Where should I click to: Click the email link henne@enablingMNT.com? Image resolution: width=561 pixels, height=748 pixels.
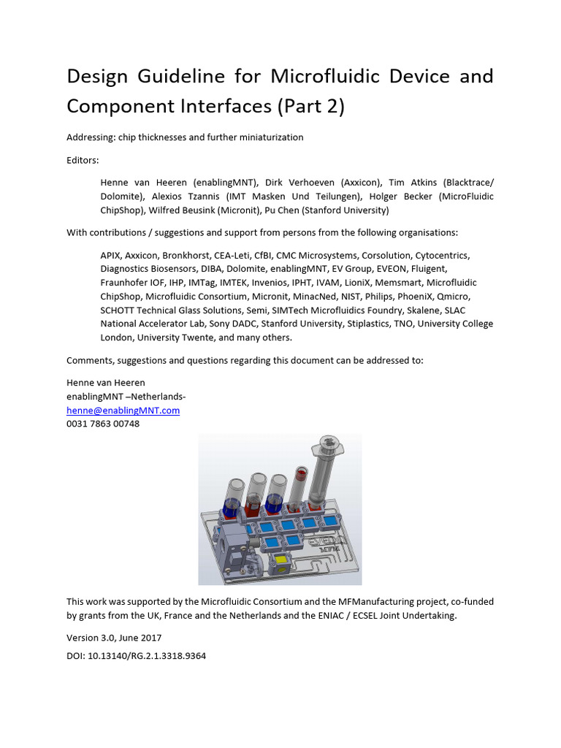(123, 410)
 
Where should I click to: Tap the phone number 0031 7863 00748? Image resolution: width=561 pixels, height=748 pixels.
(103, 424)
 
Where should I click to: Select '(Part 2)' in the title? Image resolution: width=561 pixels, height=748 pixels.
(310, 107)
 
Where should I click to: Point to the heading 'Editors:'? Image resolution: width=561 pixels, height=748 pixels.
(83, 159)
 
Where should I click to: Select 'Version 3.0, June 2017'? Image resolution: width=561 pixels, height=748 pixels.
(114, 638)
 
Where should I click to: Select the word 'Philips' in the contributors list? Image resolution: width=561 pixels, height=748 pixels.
(377, 297)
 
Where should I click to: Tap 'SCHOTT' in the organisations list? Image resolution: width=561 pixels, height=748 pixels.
(118, 310)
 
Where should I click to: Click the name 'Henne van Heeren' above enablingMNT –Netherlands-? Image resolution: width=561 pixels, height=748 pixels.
(106, 382)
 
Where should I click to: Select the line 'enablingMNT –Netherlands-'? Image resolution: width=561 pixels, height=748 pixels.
(126, 396)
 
